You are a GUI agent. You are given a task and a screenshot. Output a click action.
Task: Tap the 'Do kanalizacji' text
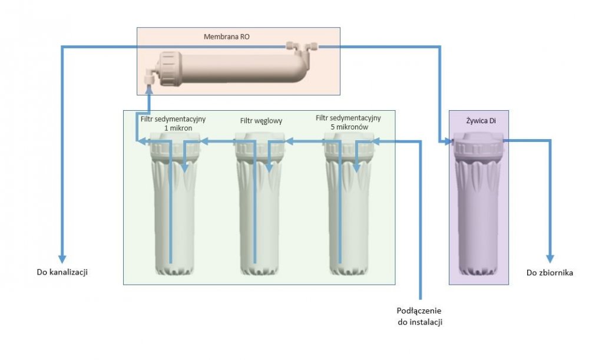(x=64, y=272)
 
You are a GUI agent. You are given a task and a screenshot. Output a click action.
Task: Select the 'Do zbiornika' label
(x=549, y=272)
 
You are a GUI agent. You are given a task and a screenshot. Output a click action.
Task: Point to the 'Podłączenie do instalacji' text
(x=419, y=316)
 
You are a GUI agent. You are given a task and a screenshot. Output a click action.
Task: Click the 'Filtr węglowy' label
(x=261, y=121)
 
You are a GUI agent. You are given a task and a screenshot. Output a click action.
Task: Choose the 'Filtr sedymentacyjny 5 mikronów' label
(x=348, y=123)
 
